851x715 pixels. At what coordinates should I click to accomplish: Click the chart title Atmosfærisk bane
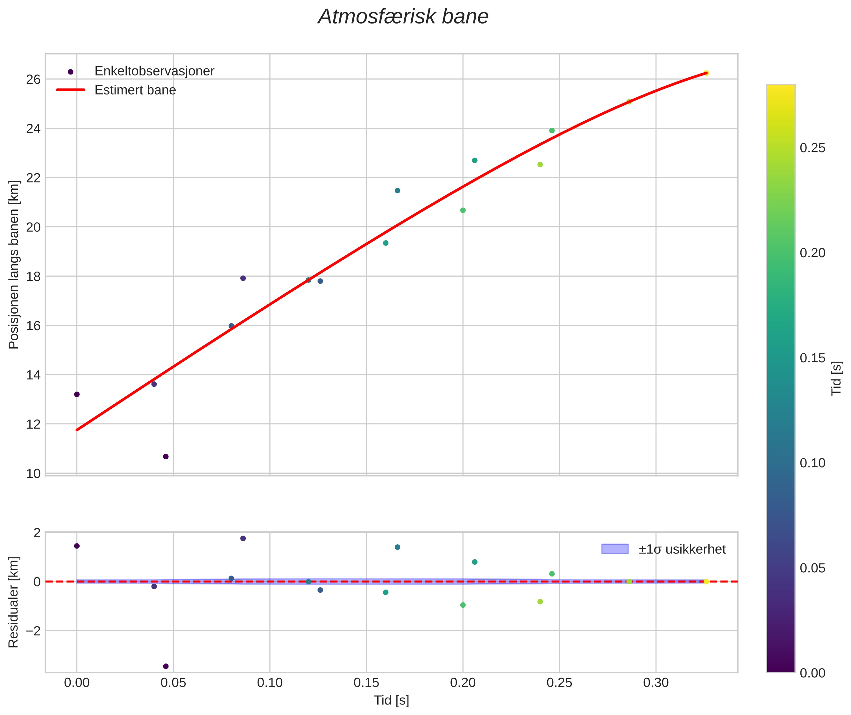click(x=403, y=17)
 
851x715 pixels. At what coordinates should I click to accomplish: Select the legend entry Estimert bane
click(x=135, y=90)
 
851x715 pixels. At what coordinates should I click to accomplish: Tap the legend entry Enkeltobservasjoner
click(x=154, y=71)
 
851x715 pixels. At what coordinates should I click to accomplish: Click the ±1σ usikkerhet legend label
click(x=682, y=549)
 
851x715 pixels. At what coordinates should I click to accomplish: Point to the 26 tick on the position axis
click(x=33, y=80)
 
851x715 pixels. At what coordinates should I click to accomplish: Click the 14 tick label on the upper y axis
click(x=33, y=375)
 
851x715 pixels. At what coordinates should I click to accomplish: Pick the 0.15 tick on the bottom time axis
click(x=366, y=683)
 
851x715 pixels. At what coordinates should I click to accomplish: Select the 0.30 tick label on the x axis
click(x=656, y=683)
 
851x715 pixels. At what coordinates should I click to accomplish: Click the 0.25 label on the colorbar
click(x=812, y=148)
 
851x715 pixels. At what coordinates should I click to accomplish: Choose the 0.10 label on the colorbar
click(x=812, y=463)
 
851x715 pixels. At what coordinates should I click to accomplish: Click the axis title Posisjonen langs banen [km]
click(x=14, y=264)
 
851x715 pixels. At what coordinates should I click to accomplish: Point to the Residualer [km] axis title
click(x=14, y=602)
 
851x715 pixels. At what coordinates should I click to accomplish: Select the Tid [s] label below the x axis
click(x=391, y=700)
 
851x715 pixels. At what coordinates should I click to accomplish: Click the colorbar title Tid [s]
click(x=836, y=378)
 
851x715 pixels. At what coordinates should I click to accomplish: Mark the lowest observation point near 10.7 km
click(x=166, y=457)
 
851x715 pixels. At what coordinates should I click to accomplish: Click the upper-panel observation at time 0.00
click(x=77, y=394)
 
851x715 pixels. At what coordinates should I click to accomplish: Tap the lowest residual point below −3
click(x=166, y=666)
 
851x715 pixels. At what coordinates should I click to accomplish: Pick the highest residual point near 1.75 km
click(x=243, y=538)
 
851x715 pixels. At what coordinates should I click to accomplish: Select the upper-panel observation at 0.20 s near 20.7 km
click(x=463, y=210)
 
